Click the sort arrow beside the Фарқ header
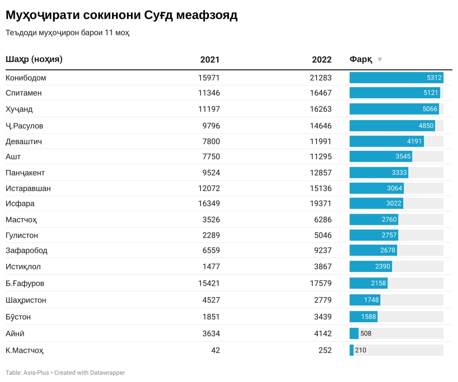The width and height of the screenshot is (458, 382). [x=380, y=59]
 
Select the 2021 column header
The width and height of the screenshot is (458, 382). [x=210, y=60]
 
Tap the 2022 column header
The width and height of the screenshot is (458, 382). [x=321, y=60]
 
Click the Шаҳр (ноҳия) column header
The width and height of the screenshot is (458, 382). [x=34, y=59]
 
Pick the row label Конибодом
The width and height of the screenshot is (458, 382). [x=26, y=78]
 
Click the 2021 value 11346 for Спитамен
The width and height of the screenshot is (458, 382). [x=209, y=93]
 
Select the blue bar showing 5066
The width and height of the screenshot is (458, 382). [x=394, y=109]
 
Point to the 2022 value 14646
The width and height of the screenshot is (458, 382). [x=321, y=126]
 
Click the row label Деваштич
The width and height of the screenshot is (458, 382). [x=24, y=141]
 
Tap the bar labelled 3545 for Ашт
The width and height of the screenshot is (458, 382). [x=380, y=156]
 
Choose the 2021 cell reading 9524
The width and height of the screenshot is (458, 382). [x=211, y=173]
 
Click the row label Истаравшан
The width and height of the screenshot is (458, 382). [x=28, y=188]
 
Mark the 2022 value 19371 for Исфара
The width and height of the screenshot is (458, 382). [x=321, y=203]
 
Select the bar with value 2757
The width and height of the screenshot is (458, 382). [x=374, y=235]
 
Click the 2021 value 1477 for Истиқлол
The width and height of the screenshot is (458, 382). [x=211, y=266]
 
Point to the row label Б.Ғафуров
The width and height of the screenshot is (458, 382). [x=25, y=283]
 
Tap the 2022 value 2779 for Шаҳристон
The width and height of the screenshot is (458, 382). [x=323, y=300]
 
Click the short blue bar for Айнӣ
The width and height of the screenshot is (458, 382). [x=354, y=333]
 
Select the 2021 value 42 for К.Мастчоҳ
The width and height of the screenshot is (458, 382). [x=215, y=350]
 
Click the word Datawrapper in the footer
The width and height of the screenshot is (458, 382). [x=107, y=373]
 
